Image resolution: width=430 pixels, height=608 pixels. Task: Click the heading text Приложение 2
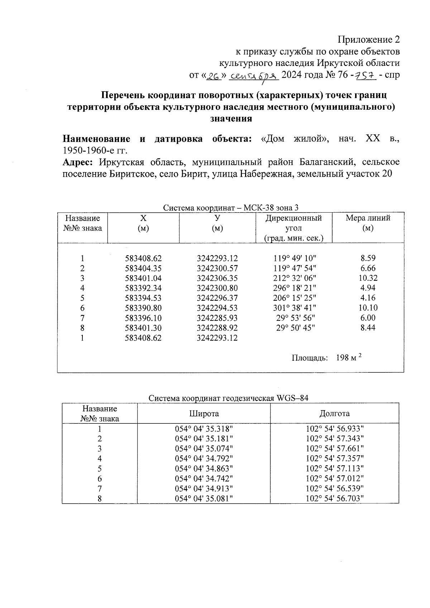369,39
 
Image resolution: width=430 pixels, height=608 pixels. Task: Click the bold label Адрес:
78,162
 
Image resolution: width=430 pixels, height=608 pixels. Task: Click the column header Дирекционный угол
293,228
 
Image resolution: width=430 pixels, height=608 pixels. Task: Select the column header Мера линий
368,223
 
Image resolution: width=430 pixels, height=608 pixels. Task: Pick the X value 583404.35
143,268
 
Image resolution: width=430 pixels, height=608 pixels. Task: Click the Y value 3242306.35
217,278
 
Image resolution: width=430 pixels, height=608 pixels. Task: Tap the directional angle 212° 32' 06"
293,278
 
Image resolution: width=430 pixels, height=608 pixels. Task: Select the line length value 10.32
368,278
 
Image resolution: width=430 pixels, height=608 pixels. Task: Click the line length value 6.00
368,318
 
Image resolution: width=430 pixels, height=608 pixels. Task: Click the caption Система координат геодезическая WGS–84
228,398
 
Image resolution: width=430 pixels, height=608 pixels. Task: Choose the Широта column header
204,413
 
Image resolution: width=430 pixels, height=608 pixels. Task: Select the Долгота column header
334,413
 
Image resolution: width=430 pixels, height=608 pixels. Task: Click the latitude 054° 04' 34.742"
204,479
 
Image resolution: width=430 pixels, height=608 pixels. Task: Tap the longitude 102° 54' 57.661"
335,448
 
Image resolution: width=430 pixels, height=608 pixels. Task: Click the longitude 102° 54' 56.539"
335,488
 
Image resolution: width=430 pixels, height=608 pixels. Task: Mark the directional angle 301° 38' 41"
293,308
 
